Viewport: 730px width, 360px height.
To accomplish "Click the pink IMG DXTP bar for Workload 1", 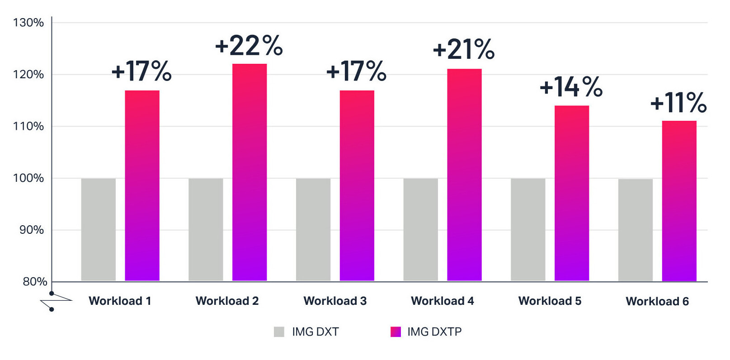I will coord(142,185).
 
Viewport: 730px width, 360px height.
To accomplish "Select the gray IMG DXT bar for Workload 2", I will coord(206,229).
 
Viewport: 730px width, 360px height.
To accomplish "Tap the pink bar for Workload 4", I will coord(464,175).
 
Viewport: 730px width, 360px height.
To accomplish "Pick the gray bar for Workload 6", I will coord(635,230).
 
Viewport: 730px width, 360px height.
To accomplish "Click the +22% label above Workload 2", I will coord(249,46).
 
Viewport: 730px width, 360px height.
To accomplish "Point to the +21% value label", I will coord(464,49).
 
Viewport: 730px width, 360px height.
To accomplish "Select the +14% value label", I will coord(571,86).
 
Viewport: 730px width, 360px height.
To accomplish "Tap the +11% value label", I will coord(678,102).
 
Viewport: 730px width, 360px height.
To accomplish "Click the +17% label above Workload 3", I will coord(356,71).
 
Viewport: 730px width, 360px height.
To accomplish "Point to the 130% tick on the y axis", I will coord(28,23).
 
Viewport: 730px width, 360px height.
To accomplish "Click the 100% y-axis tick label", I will coord(28,178).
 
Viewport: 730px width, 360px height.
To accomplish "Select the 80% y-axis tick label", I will coord(35,282).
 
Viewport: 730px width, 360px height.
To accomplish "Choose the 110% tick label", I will coord(28,126).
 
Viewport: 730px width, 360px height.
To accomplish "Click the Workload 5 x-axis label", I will coord(550,301).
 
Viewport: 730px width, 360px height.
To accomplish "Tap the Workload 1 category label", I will coord(120,301).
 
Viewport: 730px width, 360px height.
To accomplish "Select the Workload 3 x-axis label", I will coord(335,301).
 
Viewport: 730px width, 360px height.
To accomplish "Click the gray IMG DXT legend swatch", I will coord(279,332).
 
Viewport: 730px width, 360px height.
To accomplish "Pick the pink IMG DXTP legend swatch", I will coord(396,332).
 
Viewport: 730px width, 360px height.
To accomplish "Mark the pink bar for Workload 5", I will coord(572,193).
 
